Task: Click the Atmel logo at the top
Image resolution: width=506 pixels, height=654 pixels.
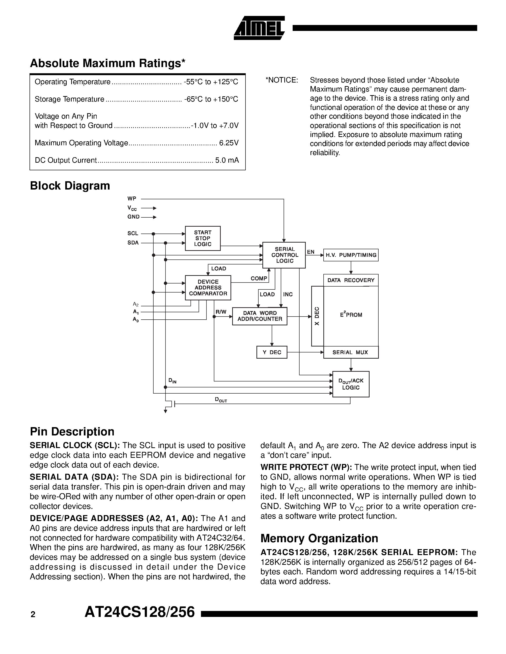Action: click(259, 28)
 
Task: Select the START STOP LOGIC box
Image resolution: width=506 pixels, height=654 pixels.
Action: click(203, 238)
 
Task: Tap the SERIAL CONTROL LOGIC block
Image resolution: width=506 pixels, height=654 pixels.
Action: click(284, 255)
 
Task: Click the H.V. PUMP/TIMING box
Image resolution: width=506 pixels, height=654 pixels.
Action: click(351, 255)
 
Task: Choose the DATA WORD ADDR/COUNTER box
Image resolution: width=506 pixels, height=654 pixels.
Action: click(260, 316)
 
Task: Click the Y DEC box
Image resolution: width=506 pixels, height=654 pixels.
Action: click(272, 352)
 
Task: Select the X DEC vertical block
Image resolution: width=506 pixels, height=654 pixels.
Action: click(317, 316)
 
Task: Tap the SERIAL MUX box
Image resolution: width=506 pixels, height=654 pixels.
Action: click(351, 352)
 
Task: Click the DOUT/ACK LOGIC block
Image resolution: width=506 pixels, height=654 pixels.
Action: click(351, 384)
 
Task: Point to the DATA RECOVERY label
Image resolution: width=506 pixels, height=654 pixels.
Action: click(351, 280)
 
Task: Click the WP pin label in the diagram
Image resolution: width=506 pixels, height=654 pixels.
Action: click(132, 199)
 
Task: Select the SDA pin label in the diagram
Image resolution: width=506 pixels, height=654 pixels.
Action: click(133, 243)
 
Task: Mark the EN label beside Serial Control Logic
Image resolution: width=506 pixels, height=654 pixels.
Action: click(311, 252)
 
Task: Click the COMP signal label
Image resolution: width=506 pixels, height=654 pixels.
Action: click(259, 278)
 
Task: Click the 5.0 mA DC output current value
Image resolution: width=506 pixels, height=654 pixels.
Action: click(227, 161)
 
